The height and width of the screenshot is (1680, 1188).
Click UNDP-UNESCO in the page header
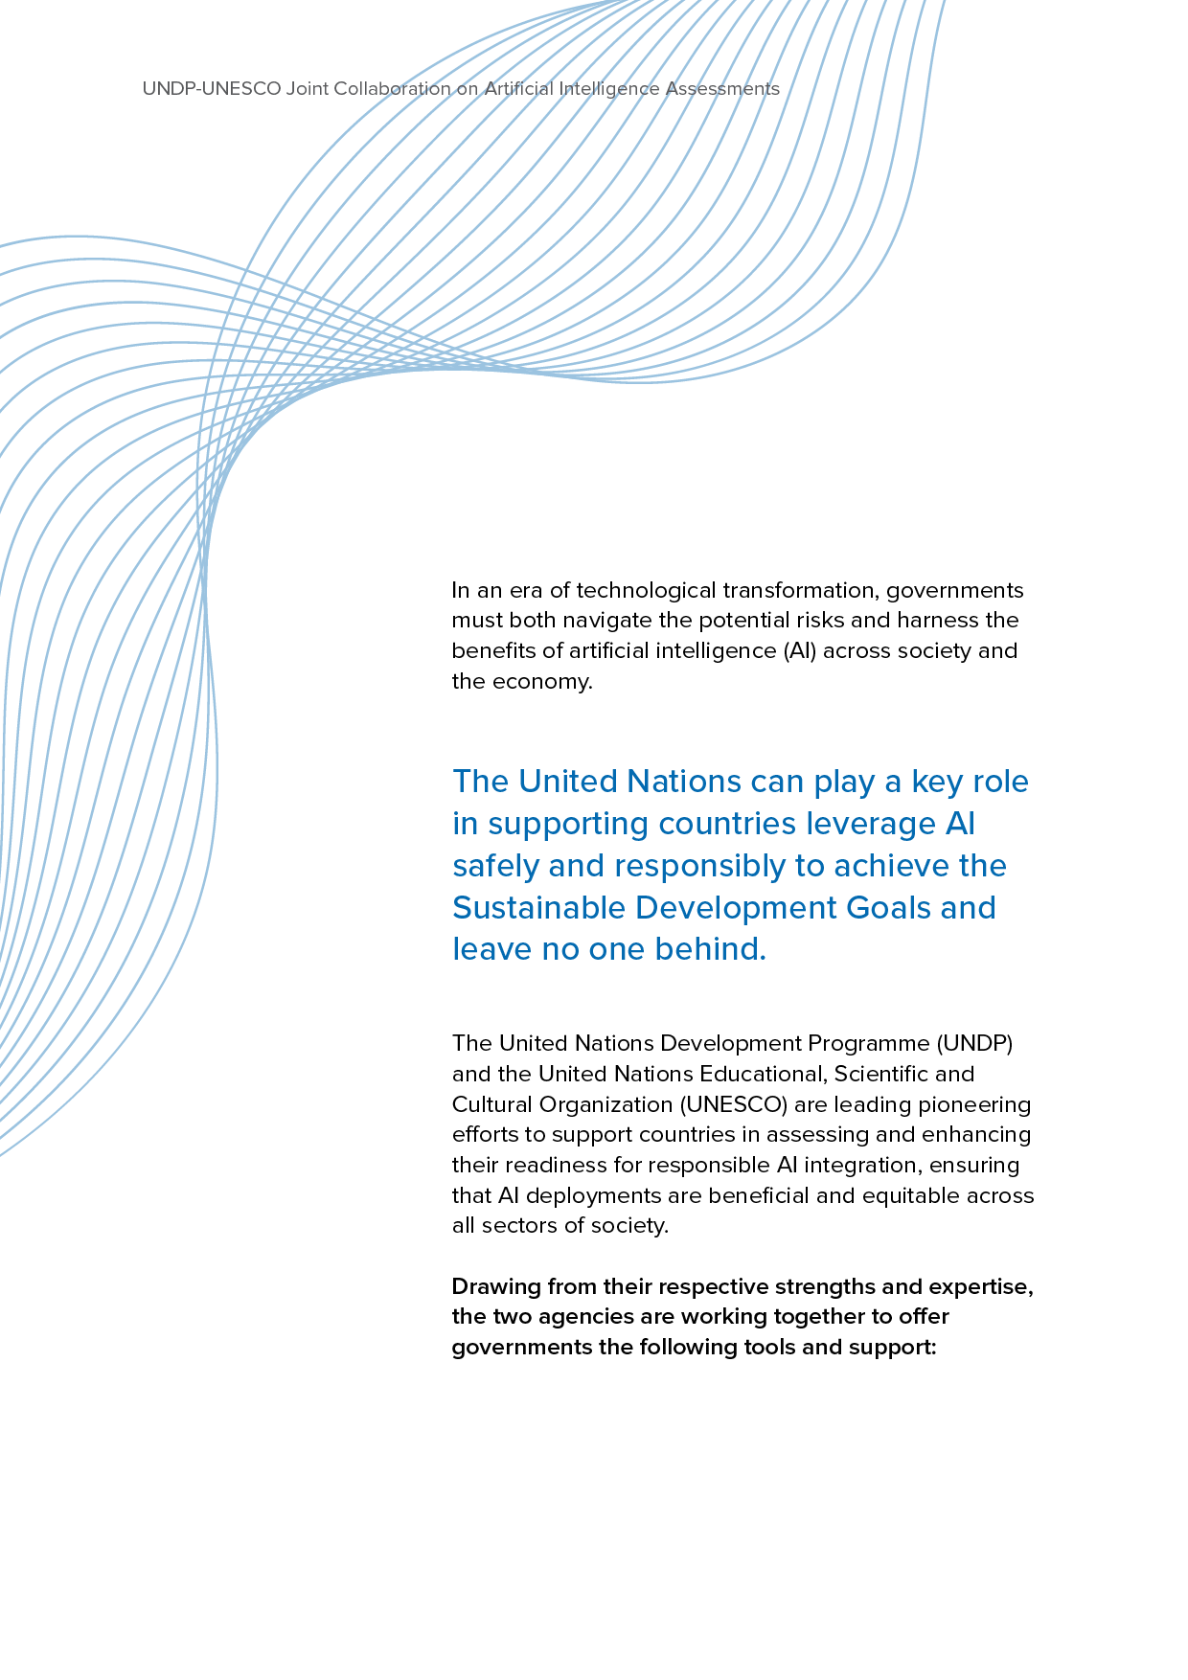tap(212, 89)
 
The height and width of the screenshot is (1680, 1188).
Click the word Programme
tap(871, 1043)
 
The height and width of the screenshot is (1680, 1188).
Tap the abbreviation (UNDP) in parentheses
tap(975, 1043)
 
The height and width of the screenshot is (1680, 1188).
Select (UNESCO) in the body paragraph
tap(734, 1104)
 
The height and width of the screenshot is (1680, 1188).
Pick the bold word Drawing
tap(496, 1286)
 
